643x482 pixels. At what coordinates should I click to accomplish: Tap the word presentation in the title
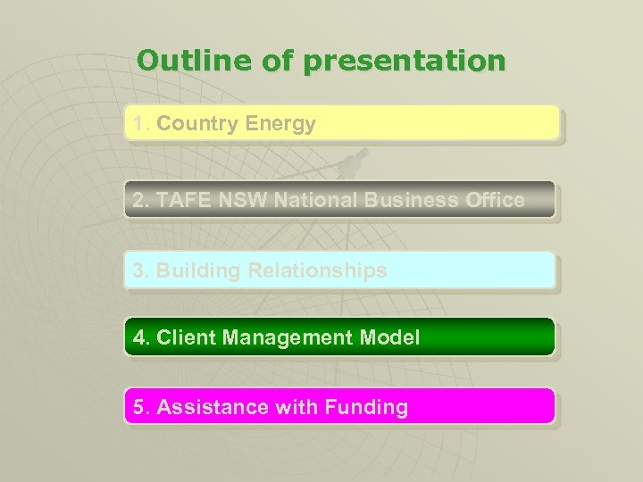pyautogui.click(x=405, y=62)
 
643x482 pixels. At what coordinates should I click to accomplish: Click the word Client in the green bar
pyautogui.click(x=187, y=337)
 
